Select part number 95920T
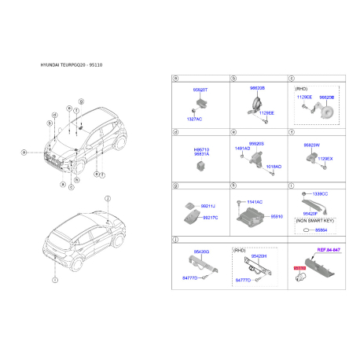(190, 90)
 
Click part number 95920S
(256, 143)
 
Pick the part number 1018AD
(273, 167)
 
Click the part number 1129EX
(325, 159)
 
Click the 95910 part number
(276, 215)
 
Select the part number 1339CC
(321, 193)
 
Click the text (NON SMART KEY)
(314, 221)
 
